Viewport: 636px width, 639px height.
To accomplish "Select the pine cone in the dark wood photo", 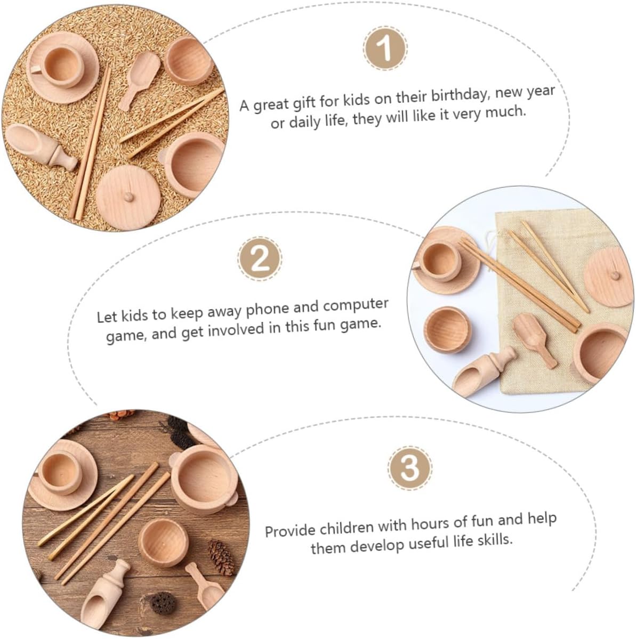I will click(221, 556).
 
